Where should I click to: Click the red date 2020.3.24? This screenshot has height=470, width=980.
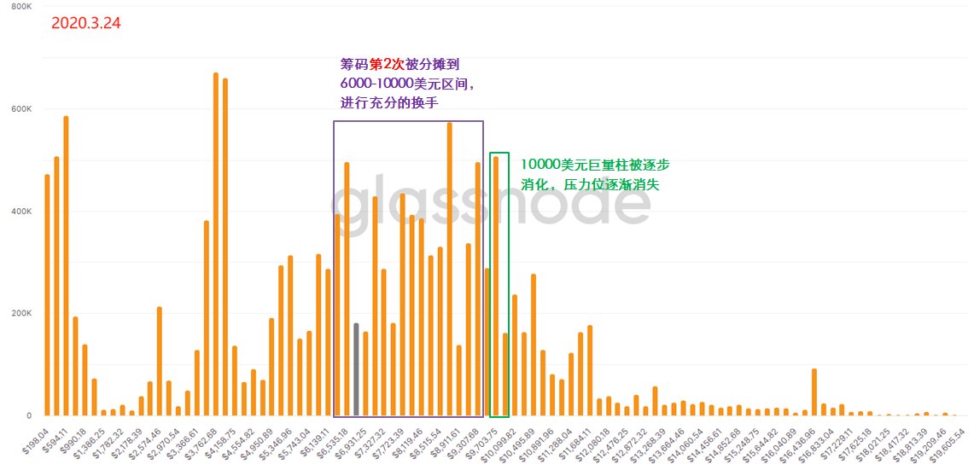point(85,24)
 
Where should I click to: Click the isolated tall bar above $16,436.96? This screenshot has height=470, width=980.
point(814,392)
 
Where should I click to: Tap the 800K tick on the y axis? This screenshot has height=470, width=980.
point(20,7)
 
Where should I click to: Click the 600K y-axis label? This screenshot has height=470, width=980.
point(20,109)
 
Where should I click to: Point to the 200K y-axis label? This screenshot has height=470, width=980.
point(20,314)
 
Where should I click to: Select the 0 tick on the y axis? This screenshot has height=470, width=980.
point(28,416)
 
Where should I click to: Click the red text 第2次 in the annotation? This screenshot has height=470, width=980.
point(386,65)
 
